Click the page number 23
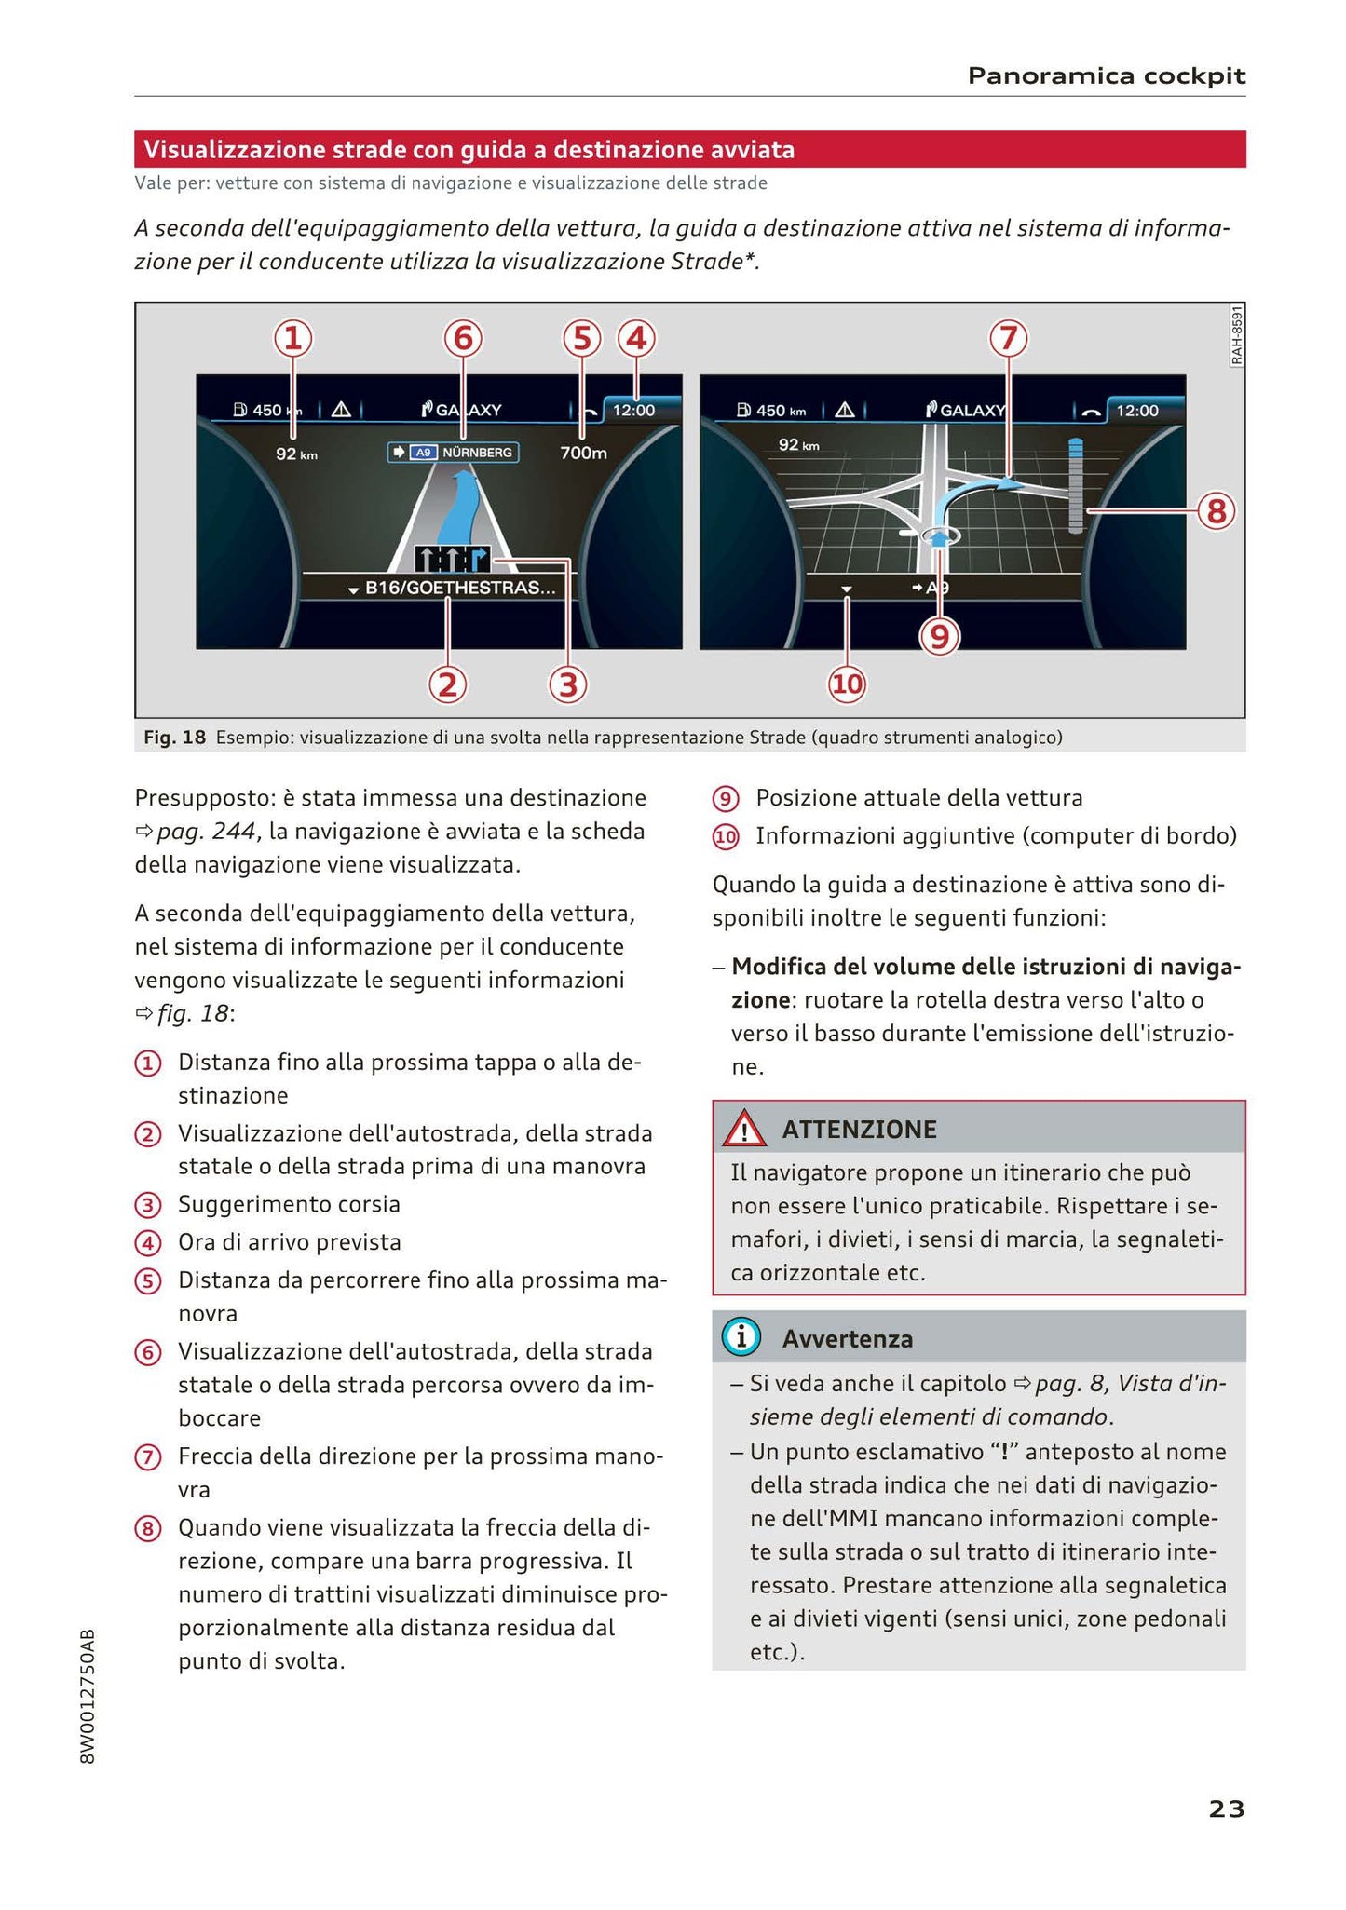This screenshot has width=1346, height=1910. [x=1226, y=1808]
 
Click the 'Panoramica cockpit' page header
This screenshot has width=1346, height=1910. [x=1106, y=75]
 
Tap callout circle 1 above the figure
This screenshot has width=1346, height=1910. [x=292, y=338]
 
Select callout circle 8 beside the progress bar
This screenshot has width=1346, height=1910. [x=1216, y=511]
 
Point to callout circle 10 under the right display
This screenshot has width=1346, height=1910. [x=847, y=684]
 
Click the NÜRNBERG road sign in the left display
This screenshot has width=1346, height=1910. [x=454, y=452]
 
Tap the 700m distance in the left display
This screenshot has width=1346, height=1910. [x=584, y=453]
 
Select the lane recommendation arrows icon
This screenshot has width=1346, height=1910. [x=452, y=558]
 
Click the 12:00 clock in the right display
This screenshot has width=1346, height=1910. [x=1136, y=410]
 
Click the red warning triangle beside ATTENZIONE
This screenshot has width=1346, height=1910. [x=744, y=1131]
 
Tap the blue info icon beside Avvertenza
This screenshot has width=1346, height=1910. [x=741, y=1338]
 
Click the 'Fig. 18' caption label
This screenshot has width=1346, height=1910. [x=174, y=738]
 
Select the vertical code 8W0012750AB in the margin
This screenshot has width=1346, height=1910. [x=88, y=1696]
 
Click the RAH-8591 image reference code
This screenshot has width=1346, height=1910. [x=1236, y=336]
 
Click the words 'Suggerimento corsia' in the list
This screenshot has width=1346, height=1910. [x=289, y=1204]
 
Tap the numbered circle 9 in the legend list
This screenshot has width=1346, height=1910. [x=725, y=799]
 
